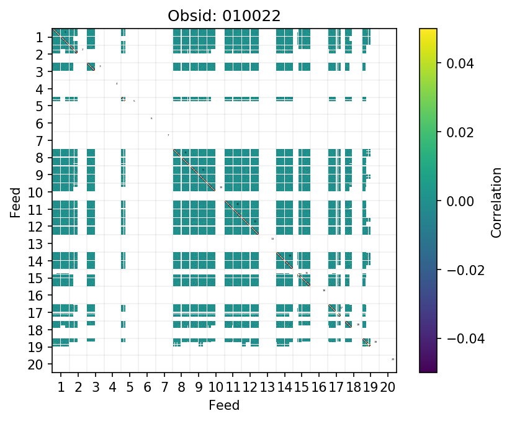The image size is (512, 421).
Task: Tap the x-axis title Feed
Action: [224, 405]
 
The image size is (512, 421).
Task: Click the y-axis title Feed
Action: [15, 201]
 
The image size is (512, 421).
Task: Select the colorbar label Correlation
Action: [496, 201]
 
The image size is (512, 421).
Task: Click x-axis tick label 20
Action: [388, 388]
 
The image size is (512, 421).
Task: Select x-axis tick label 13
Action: [267, 388]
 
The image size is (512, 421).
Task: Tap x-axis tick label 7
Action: [164, 388]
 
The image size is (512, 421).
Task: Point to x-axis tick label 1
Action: [61, 388]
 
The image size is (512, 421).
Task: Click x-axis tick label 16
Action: [319, 388]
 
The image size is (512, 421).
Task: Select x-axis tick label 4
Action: [112, 388]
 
